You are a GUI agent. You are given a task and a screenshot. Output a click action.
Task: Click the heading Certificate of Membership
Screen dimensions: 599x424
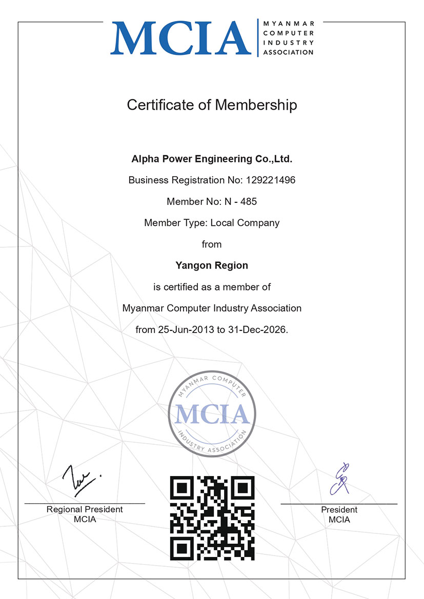[x=212, y=105]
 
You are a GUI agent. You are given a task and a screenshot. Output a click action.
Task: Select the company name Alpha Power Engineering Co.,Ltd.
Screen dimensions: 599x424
[x=212, y=159]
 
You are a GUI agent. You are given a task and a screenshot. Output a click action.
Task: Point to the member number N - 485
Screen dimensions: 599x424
[x=240, y=201]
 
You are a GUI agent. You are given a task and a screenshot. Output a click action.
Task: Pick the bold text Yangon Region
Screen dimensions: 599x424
[x=212, y=265]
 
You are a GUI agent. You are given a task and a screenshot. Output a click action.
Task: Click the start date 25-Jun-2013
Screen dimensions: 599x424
[x=184, y=329]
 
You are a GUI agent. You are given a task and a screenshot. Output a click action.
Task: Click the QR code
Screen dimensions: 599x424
[x=212, y=518]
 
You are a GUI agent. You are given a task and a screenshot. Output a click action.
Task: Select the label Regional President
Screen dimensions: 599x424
[x=85, y=509]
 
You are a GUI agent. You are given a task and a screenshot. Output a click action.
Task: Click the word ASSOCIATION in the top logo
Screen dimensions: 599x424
[x=288, y=52]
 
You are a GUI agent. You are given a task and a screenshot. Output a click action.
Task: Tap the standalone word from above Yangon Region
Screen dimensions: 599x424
[x=212, y=244]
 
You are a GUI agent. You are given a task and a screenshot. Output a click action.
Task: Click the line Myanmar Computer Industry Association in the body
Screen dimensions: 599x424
[x=212, y=308]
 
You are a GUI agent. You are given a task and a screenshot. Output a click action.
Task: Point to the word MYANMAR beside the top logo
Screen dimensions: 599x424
[x=288, y=24]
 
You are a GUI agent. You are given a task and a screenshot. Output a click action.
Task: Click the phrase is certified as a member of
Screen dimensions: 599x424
[x=212, y=287]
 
